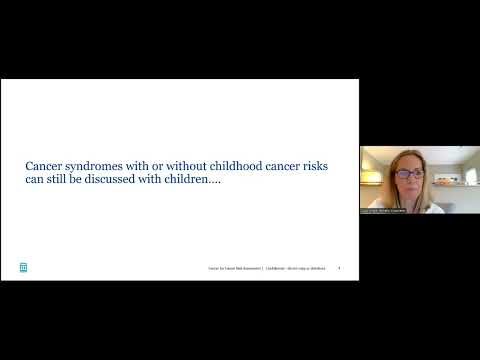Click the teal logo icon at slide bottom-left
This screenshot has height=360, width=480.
tap(23, 267)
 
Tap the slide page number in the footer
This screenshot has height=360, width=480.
tap(340, 267)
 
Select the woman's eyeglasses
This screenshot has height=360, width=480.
tap(408, 174)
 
